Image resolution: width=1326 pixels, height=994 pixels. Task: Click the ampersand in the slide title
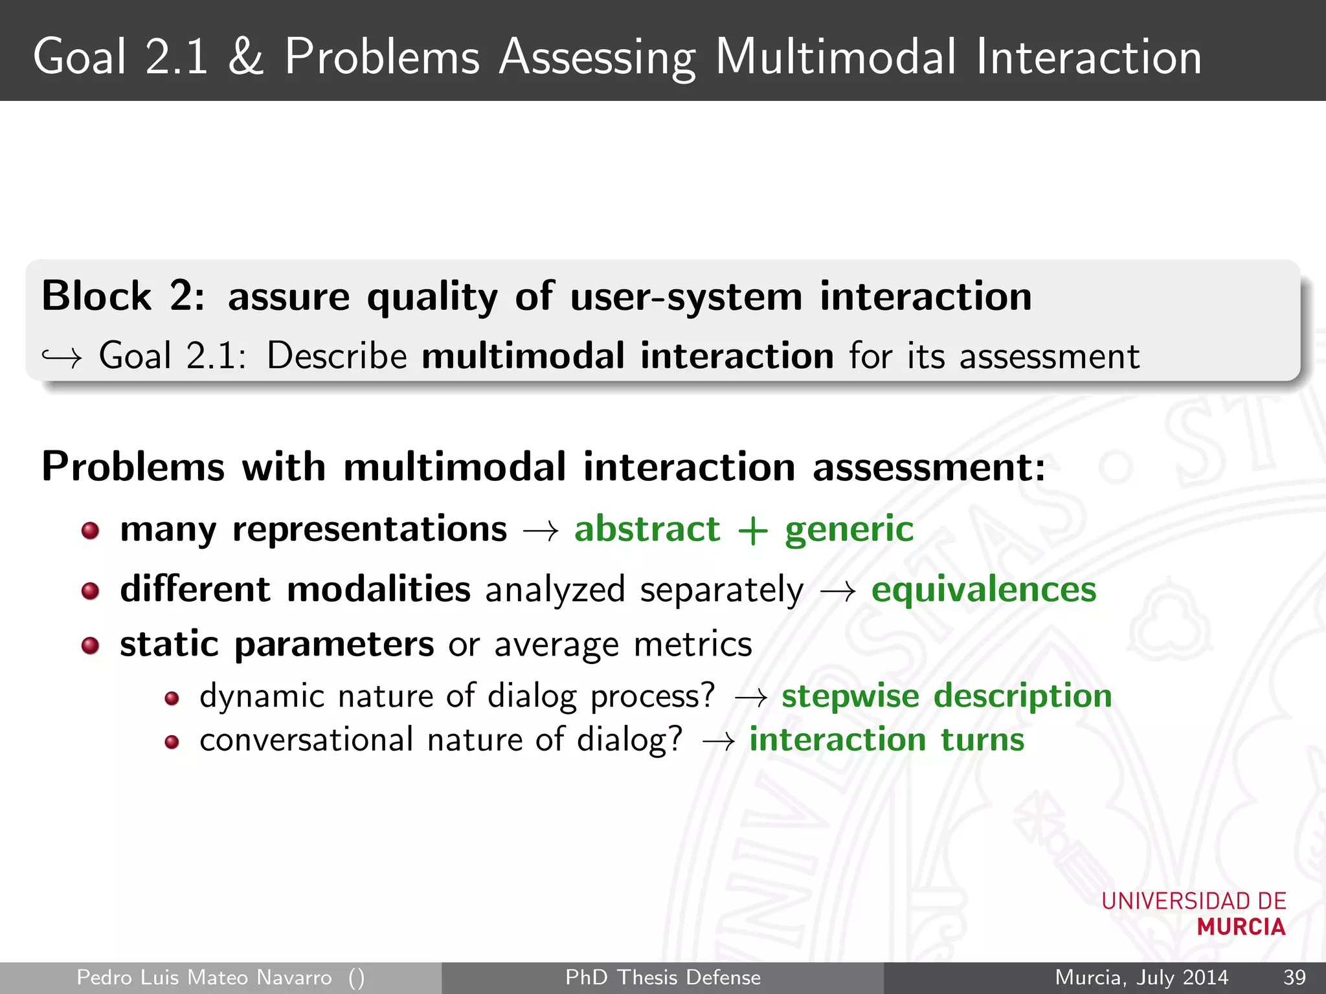click(x=246, y=57)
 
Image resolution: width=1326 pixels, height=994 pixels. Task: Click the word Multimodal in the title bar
click(x=835, y=57)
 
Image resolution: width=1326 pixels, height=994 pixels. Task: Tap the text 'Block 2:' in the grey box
click(x=123, y=296)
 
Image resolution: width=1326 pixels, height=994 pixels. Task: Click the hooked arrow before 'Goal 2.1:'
click(x=62, y=357)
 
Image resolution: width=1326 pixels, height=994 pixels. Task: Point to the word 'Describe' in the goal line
click(x=337, y=356)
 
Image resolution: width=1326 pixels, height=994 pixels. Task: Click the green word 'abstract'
click(x=647, y=529)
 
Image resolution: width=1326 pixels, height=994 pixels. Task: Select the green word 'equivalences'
click(x=983, y=590)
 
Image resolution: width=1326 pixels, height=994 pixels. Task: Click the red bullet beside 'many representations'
click(x=90, y=531)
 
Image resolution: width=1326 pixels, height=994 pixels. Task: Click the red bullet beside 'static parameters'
click(x=90, y=645)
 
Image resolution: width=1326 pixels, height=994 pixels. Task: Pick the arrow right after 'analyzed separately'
click(x=837, y=591)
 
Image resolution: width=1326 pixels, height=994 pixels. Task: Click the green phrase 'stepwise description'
click(x=947, y=696)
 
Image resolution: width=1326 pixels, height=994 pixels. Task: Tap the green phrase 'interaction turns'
click(x=887, y=740)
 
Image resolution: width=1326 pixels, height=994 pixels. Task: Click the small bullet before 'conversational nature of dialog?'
click(x=172, y=742)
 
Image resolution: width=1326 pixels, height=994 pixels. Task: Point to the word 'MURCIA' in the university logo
click(x=1241, y=927)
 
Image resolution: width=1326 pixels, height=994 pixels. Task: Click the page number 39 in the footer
click(x=1294, y=977)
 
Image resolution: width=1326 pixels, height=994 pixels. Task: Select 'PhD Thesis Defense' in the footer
click(x=663, y=977)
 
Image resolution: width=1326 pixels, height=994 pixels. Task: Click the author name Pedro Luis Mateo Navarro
click(x=204, y=977)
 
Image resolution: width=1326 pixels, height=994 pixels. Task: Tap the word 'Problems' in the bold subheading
click(x=133, y=467)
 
